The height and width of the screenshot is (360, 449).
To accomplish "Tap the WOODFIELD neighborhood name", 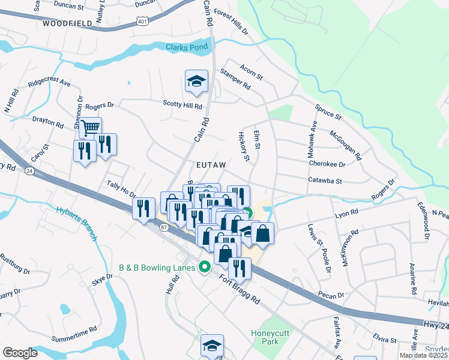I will coord(67,23).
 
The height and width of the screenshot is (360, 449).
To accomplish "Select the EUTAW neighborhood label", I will coord(211,164).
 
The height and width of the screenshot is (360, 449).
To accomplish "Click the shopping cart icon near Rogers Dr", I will coord(90,127).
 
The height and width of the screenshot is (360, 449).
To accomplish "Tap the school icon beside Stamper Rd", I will coord(196,81).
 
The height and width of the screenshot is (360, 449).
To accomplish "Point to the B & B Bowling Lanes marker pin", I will coord(205,267).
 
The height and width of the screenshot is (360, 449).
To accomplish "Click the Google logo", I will coord(20,352).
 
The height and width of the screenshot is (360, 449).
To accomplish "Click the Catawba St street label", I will coord(325,180).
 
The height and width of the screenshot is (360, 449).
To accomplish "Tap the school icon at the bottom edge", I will coord(212,346).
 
